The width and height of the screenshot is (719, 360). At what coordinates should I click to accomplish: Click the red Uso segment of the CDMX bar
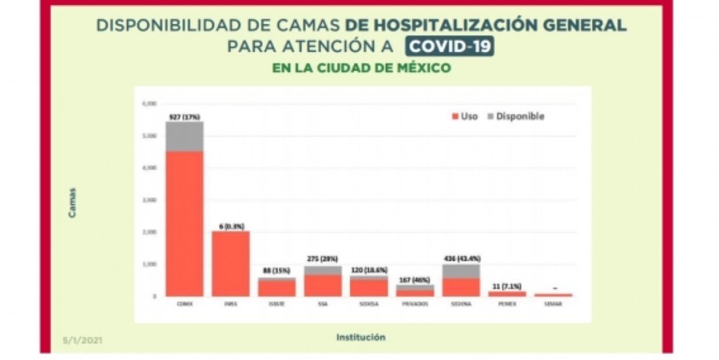pos(184,224)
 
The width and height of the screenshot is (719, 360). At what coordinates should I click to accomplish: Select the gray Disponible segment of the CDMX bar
pos(184,136)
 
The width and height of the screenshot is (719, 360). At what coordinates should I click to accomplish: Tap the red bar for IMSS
pos(231,264)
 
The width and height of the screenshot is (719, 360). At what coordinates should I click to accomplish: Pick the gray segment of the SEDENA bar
pos(461,271)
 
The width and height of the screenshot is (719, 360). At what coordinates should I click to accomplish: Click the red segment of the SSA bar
pos(323,285)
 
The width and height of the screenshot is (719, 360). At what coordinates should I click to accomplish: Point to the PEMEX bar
pos(507,294)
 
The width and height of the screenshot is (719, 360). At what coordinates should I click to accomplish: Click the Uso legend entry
pos(465,116)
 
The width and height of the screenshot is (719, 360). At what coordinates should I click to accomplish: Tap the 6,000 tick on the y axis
pos(149,104)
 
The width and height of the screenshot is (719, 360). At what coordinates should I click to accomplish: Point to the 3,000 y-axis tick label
pos(149,200)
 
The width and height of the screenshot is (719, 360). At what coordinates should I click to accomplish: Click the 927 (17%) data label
pos(184,117)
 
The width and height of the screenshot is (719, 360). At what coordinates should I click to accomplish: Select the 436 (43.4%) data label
pos(461,258)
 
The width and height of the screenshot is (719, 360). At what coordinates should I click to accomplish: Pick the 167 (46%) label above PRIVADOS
pos(415,279)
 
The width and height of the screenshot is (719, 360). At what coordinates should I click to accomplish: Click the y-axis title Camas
pos(72,203)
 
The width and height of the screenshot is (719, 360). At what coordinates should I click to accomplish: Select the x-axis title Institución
pos(361,337)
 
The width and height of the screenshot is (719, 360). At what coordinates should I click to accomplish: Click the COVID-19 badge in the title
pos(450,45)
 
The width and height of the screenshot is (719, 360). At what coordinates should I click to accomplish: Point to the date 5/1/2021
pos(82,340)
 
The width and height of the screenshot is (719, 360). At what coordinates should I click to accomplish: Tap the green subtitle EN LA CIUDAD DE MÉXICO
pos(361,68)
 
